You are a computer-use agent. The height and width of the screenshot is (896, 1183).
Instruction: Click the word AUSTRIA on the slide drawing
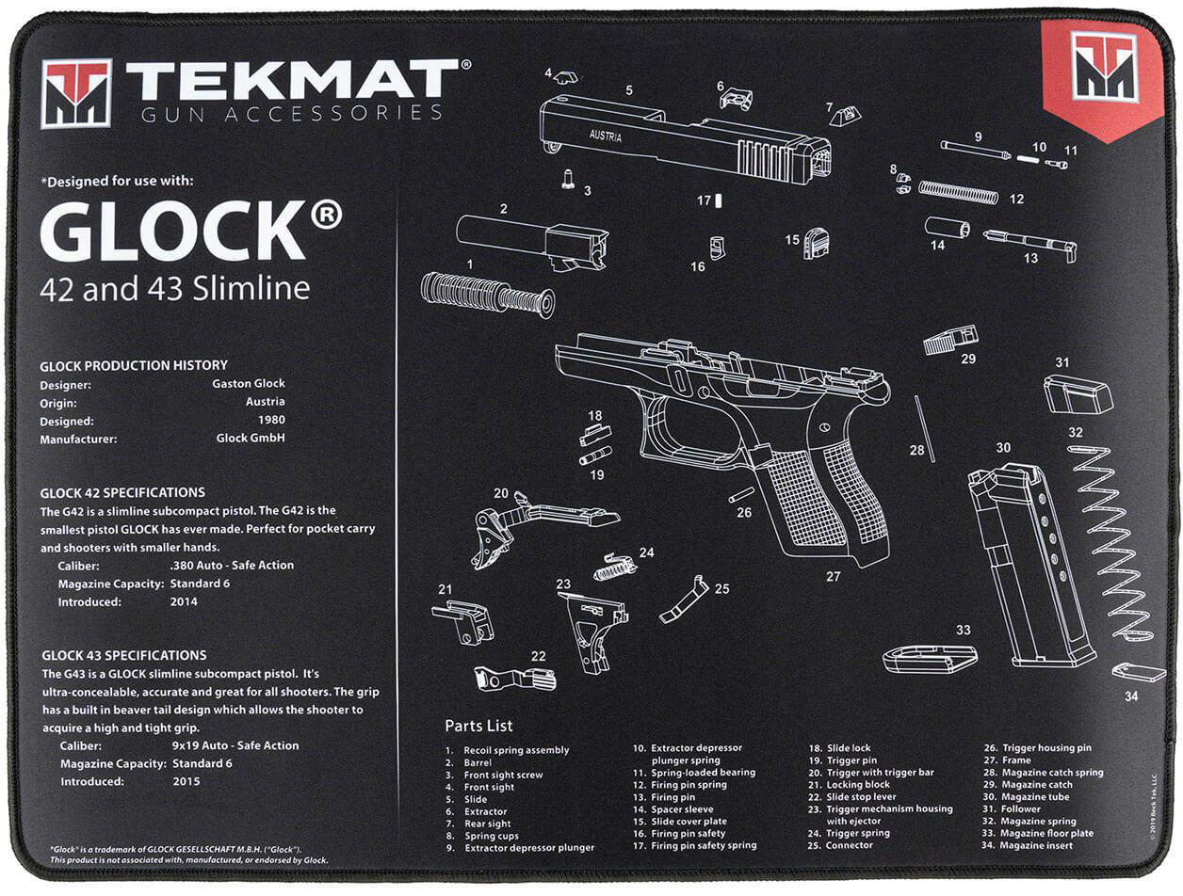click(607, 136)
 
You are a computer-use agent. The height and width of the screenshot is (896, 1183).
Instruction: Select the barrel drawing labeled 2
click(532, 240)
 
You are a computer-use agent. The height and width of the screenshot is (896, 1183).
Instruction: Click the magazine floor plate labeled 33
click(930, 658)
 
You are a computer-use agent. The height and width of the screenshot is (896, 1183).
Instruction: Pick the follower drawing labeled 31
click(1077, 393)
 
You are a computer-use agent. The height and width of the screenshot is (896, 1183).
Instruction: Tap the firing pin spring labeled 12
click(958, 192)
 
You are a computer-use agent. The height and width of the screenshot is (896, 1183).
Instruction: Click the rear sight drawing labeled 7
click(845, 116)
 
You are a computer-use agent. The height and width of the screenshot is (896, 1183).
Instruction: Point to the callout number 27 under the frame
click(833, 576)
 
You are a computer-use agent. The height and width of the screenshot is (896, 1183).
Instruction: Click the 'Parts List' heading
click(478, 726)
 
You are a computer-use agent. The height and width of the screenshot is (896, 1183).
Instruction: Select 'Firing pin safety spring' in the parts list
click(703, 845)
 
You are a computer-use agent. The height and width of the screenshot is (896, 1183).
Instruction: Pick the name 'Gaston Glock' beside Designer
click(249, 384)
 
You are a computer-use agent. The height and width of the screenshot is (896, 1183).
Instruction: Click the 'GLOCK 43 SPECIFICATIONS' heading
click(123, 655)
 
